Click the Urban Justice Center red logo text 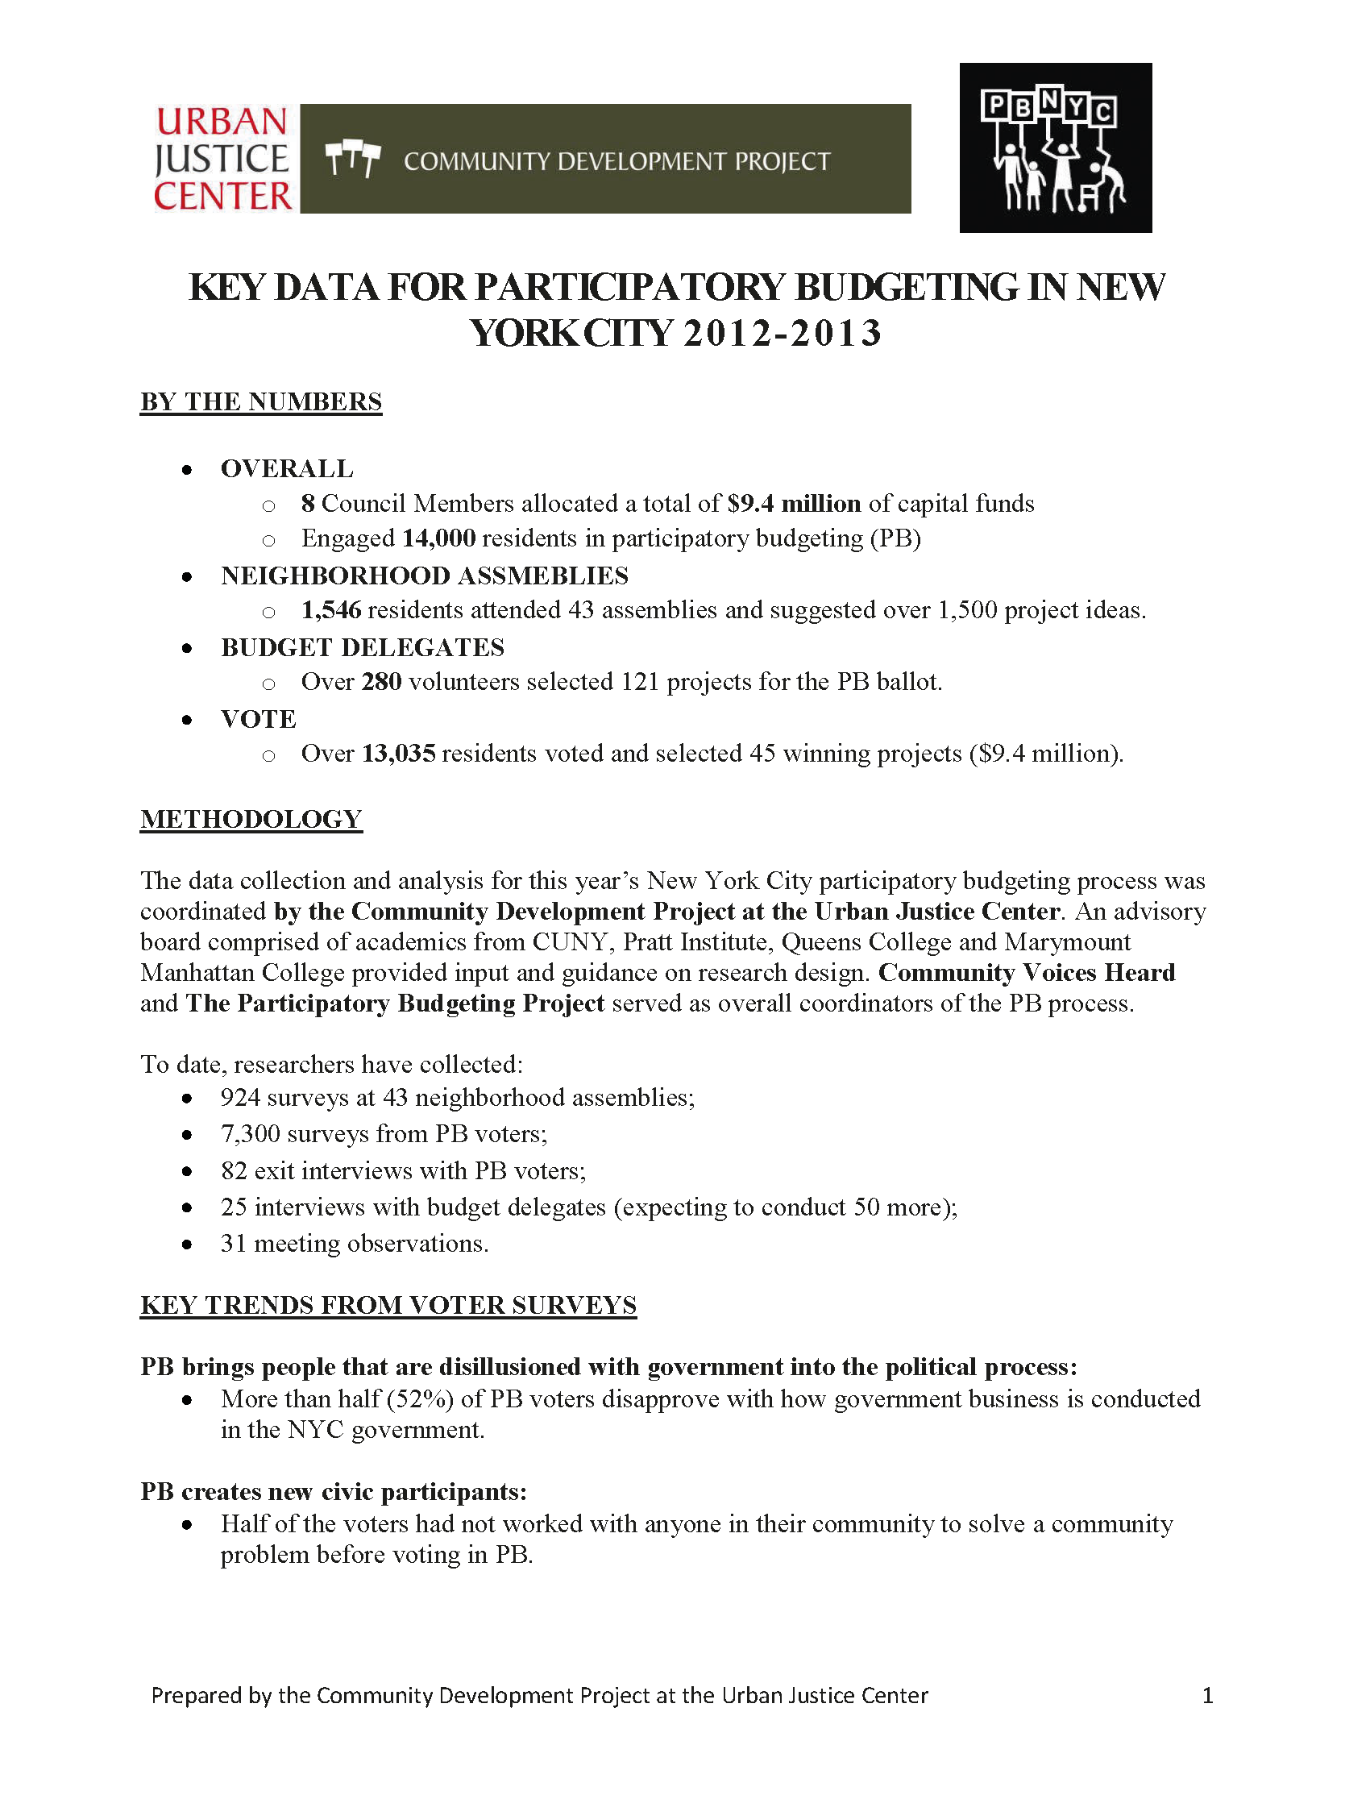click(x=222, y=159)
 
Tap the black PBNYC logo click(x=1055, y=148)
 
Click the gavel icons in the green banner click(x=352, y=159)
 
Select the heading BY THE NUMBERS click(x=261, y=401)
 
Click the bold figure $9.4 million click(x=794, y=504)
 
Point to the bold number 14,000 click(x=438, y=538)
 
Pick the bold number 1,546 click(x=330, y=609)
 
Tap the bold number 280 click(x=381, y=682)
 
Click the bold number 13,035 click(x=398, y=754)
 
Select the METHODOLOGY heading click(x=251, y=820)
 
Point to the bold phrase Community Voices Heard click(x=1026, y=973)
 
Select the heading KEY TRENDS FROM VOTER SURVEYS click(x=388, y=1306)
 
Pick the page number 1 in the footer click(x=1207, y=1696)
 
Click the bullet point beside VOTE click(x=188, y=720)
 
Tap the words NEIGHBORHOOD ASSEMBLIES click(x=424, y=576)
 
